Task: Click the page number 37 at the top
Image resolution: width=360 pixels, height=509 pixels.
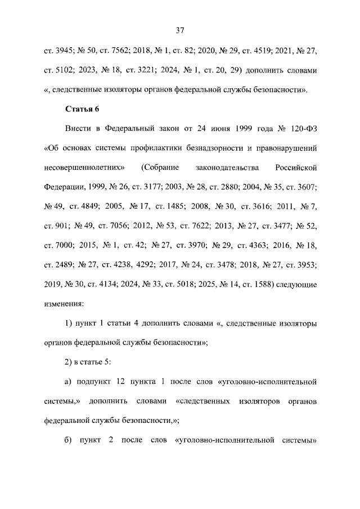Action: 180,30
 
